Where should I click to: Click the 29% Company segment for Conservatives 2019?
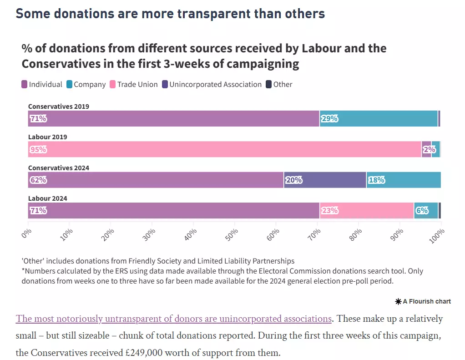[x=379, y=119]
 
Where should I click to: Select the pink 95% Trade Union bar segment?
[x=225, y=149]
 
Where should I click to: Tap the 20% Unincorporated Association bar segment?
[x=325, y=180]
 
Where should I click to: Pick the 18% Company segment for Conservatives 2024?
[x=404, y=180]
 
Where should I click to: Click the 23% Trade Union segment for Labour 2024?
[x=367, y=211]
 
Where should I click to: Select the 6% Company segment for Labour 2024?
[x=426, y=211]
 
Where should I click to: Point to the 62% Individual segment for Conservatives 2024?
[x=156, y=180]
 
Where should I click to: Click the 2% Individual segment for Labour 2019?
[x=426, y=149]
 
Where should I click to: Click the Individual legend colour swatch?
[x=24, y=85]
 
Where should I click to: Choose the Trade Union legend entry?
[x=134, y=85]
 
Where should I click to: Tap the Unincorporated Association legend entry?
[x=212, y=85]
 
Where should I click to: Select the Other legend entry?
[x=279, y=85]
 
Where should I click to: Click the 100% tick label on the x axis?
[x=437, y=236]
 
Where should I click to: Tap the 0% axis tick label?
[x=26, y=233]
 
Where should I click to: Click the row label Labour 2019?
[x=48, y=137]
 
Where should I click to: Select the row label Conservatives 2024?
[x=59, y=168]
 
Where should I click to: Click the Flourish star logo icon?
[x=398, y=302]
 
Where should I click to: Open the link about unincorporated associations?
[x=173, y=319]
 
